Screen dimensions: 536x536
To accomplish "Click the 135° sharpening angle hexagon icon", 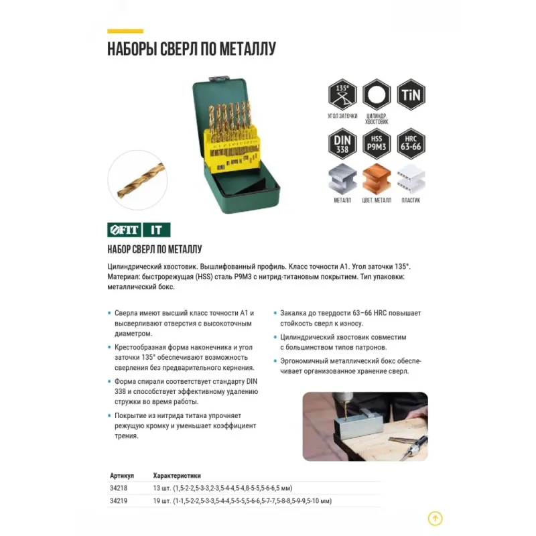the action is pyautogui.click(x=342, y=94).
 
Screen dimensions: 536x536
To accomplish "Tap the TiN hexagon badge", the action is pyautogui.click(x=411, y=94).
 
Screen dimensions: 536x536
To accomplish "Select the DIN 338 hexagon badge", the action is pyautogui.click(x=342, y=144).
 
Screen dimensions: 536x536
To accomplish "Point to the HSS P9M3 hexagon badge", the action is pyautogui.click(x=377, y=144).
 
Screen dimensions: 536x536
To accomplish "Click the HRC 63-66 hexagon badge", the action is pyautogui.click(x=411, y=144).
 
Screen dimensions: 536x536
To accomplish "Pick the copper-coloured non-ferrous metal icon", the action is pyautogui.click(x=377, y=179).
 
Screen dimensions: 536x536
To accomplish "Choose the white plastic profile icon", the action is pyautogui.click(x=411, y=179).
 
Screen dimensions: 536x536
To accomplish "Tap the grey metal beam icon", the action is pyautogui.click(x=342, y=179).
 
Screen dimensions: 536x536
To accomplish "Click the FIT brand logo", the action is pyautogui.click(x=124, y=230).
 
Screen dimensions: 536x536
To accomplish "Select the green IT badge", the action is pyautogui.click(x=157, y=230).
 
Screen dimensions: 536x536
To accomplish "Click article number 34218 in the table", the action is pyautogui.click(x=119, y=488).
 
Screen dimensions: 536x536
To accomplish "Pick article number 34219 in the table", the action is pyautogui.click(x=119, y=501).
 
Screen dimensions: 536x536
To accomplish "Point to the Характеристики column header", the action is pyautogui.click(x=177, y=476).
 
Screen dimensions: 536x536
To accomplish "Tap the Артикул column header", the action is pyautogui.click(x=122, y=476).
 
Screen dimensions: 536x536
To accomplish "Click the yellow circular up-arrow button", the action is pyautogui.click(x=435, y=519).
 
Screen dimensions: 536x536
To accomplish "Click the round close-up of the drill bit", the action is pyautogui.click(x=137, y=180).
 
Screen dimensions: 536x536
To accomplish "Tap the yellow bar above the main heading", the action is pyautogui.click(x=125, y=31).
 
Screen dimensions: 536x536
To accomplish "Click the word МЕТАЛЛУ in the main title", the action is pyautogui.click(x=247, y=49).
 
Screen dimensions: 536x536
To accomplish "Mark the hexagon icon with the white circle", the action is pyautogui.click(x=377, y=94).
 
